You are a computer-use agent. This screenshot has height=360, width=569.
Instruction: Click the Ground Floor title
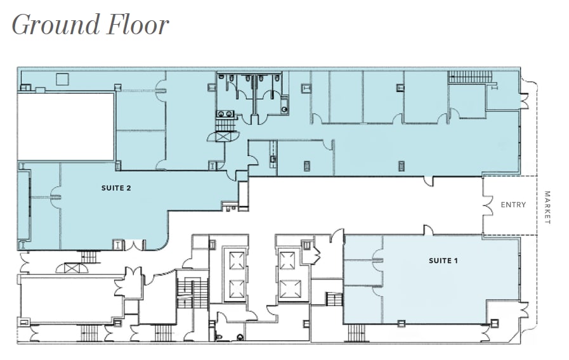(x=90, y=25)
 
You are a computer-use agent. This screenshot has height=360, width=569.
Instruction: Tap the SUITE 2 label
(x=115, y=188)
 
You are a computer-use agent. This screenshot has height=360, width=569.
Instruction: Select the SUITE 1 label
(x=442, y=260)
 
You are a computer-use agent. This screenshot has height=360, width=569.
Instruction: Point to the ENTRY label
(x=513, y=205)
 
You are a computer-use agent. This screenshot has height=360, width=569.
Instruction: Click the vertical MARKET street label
(x=547, y=207)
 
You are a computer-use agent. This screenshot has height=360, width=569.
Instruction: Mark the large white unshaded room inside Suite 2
(x=65, y=126)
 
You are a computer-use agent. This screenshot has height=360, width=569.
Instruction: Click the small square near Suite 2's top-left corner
(x=62, y=79)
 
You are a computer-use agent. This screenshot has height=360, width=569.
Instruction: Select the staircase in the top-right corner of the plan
(x=470, y=77)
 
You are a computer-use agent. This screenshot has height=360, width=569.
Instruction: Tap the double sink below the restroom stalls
(x=224, y=114)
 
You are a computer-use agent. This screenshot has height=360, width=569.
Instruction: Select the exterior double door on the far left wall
(x=24, y=260)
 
